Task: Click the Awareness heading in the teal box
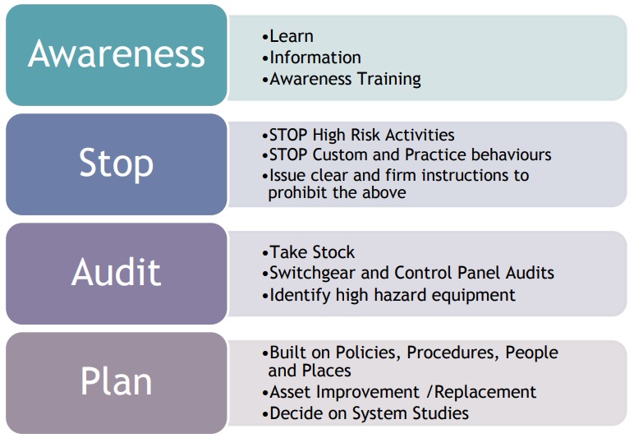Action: pyautogui.click(x=117, y=53)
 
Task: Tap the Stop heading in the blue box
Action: pyautogui.click(x=117, y=164)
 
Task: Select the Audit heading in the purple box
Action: pyautogui.click(x=117, y=272)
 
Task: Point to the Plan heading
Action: pyautogui.click(x=117, y=381)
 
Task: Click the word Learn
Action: pyautogui.click(x=291, y=36)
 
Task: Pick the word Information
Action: pyautogui.click(x=315, y=58)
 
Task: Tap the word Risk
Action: pyautogui.click(x=365, y=135)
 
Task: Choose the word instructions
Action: pyautogui.click(x=475, y=176)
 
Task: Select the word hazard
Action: pyautogui.click(x=400, y=295)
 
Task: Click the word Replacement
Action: pyautogui.click(x=485, y=392)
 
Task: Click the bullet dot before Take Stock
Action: pyautogui.click(x=265, y=254)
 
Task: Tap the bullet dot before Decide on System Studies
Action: pyautogui.click(x=265, y=415)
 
